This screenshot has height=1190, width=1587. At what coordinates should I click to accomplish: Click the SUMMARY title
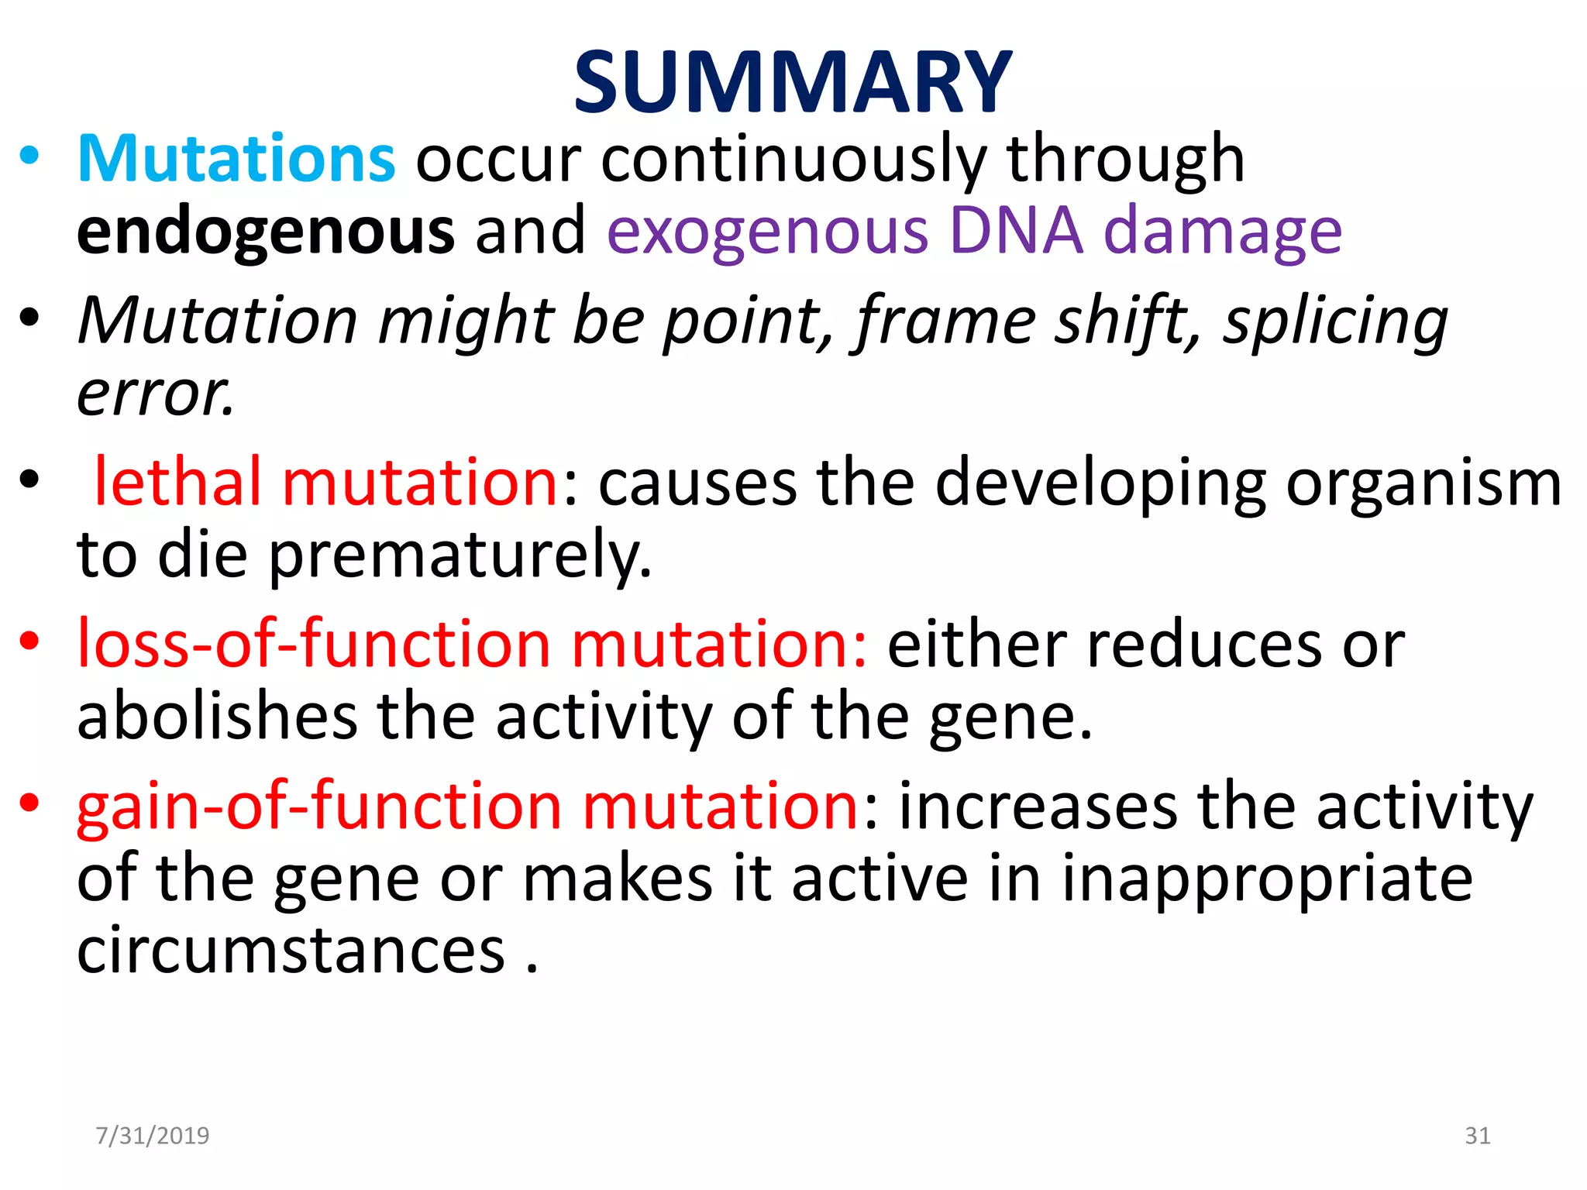pyautogui.click(x=792, y=82)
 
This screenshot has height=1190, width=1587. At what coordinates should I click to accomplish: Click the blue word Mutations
pyautogui.click(x=236, y=159)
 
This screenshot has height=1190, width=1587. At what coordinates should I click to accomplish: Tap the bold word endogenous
pyautogui.click(x=265, y=232)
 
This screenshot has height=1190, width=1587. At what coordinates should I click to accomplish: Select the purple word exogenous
pyautogui.click(x=767, y=232)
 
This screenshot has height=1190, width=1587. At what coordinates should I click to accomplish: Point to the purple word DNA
pyautogui.click(x=1015, y=230)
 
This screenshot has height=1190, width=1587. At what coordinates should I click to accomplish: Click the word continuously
pyautogui.click(x=793, y=160)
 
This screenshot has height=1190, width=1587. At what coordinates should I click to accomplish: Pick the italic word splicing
pyautogui.click(x=1334, y=322)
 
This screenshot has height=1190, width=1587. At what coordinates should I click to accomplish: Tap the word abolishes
pyautogui.click(x=217, y=716)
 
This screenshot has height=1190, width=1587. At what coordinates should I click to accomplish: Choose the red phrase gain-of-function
pyautogui.click(x=318, y=806)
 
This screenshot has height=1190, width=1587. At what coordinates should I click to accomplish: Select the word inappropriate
pyautogui.click(x=1266, y=880)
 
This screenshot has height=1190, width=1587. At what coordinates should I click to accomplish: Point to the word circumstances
pyautogui.click(x=291, y=951)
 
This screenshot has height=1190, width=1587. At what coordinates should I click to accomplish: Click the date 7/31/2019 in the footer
pyautogui.click(x=152, y=1136)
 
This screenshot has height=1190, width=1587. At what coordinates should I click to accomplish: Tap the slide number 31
pyautogui.click(x=1477, y=1136)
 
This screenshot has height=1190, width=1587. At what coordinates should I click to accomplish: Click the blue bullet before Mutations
pyautogui.click(x=29, y=156)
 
